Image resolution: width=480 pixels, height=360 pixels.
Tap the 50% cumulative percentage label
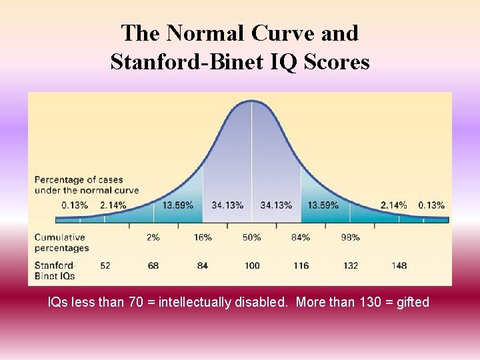252,237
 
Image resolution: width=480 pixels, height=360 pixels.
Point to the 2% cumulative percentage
153,237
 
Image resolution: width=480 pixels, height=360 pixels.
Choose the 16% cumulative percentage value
203,237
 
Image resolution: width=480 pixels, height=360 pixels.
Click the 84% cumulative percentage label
301,237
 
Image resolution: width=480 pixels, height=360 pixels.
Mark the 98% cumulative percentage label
351,237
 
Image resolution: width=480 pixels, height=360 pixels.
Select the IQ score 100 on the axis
252,265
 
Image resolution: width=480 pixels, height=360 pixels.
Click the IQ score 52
105,265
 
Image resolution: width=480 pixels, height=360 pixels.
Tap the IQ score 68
153,265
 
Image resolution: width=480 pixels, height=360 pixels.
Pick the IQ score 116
301,265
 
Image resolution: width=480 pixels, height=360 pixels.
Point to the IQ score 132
351,265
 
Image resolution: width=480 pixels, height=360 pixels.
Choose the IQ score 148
399,265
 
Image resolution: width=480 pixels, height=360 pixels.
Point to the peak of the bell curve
251,101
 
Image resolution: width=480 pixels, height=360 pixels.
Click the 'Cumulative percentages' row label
61,243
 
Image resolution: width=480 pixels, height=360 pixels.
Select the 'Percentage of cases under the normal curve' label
86,185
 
